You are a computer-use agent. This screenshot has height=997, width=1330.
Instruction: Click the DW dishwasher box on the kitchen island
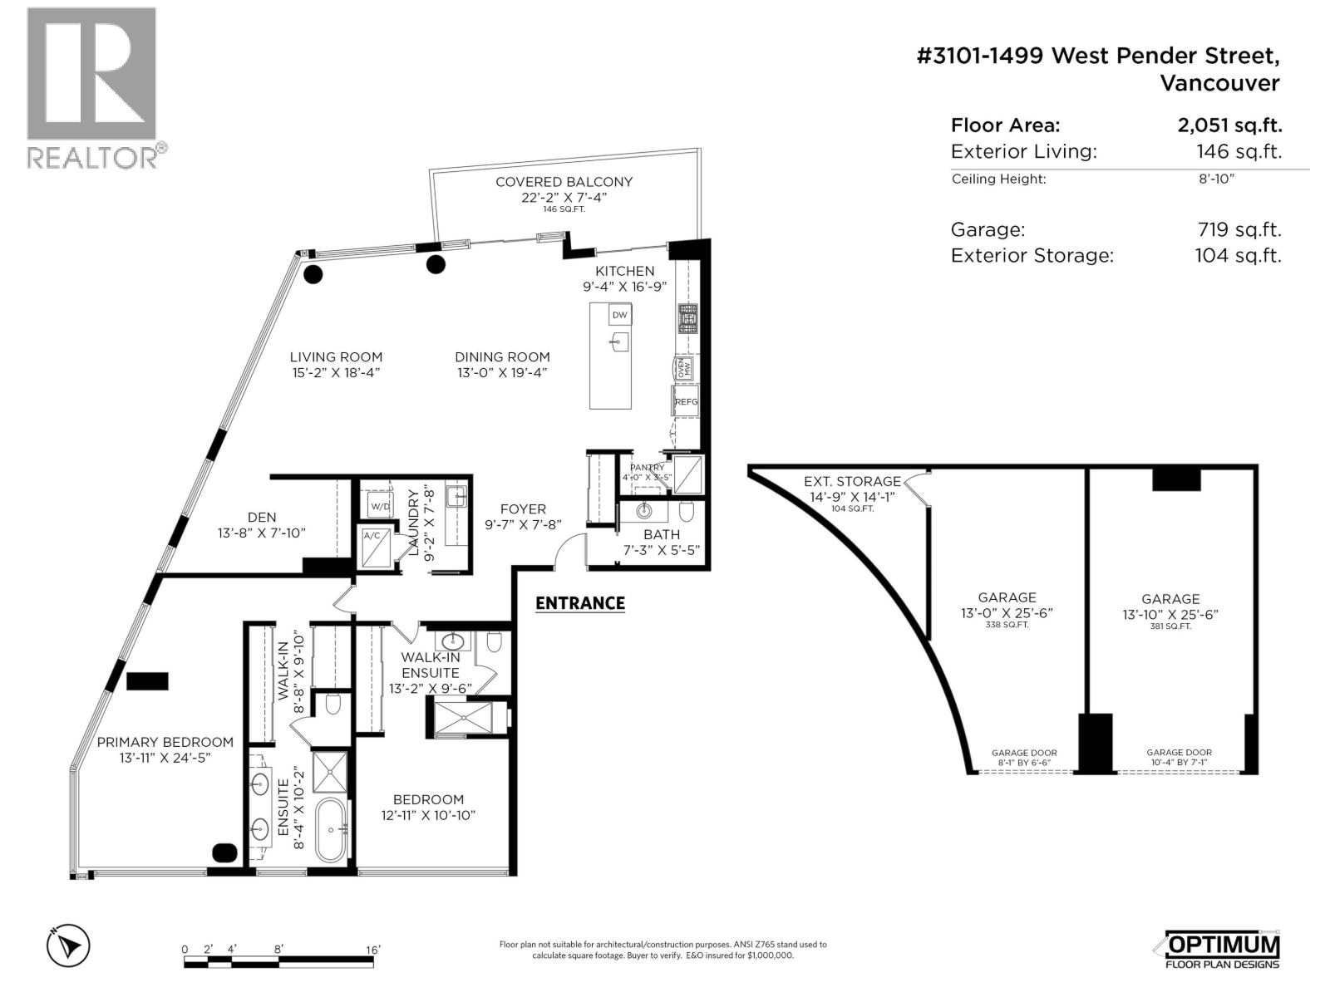point(619,315)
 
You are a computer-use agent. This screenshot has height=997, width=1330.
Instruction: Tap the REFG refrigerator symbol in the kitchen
point(686,401)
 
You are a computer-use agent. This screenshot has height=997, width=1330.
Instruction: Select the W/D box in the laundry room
point(380,505)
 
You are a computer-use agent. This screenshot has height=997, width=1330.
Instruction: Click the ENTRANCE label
point(579,603)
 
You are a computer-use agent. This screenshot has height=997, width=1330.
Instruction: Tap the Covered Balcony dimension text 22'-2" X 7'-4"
point(564,197)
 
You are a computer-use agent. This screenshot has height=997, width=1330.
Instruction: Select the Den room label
point(262,517)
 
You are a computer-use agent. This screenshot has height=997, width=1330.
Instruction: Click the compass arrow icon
point(68,945)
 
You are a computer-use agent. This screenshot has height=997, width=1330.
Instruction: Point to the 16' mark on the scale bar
point(372,950)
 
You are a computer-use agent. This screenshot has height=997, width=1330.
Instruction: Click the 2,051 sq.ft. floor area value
point(1229,125)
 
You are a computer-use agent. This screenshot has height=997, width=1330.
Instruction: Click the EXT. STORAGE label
point(852,481)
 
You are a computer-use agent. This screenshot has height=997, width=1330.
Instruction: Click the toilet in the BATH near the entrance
point(687,509)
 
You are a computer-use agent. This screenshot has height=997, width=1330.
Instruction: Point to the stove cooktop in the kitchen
point(688,318)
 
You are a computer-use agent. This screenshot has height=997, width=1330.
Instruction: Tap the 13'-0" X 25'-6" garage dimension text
point(1007,613)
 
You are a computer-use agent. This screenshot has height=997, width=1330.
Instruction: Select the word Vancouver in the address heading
point(1219,83)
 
